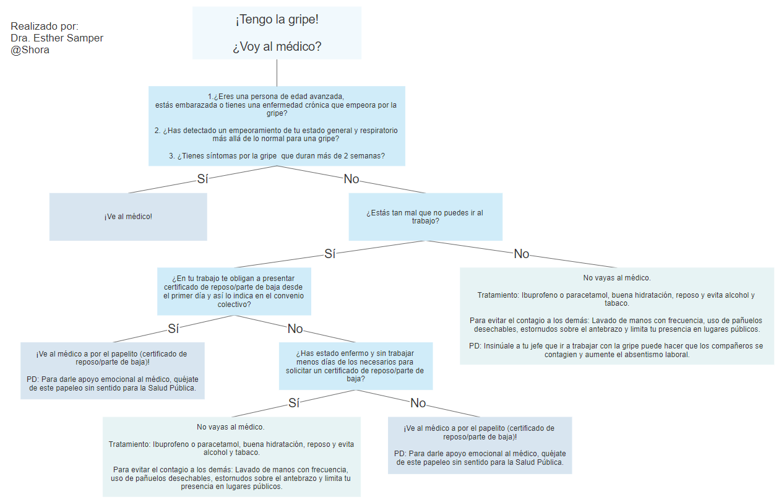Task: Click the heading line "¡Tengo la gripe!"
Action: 277,20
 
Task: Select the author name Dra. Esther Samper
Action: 57,38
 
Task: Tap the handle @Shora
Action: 30,50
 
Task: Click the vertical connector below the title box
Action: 277,72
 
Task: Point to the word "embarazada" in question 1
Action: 197,105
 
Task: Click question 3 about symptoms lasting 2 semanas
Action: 277,156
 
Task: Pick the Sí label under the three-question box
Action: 202,179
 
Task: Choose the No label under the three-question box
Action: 351,179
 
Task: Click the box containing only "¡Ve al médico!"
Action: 128,217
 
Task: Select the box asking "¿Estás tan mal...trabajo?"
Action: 425,217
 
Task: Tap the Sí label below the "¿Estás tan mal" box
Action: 330,254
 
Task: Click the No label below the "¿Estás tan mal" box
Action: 522,254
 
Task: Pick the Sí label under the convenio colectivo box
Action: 173,328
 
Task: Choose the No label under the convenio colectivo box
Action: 295,329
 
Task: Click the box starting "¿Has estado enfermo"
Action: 355,366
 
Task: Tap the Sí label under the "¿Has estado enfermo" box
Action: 294,403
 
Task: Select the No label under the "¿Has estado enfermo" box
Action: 418,403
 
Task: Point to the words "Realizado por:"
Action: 45,27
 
